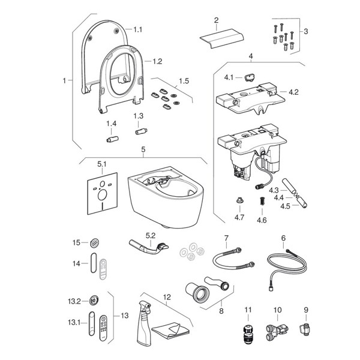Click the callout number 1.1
139,29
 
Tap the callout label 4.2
293,92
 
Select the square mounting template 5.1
101,196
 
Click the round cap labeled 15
93,242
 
